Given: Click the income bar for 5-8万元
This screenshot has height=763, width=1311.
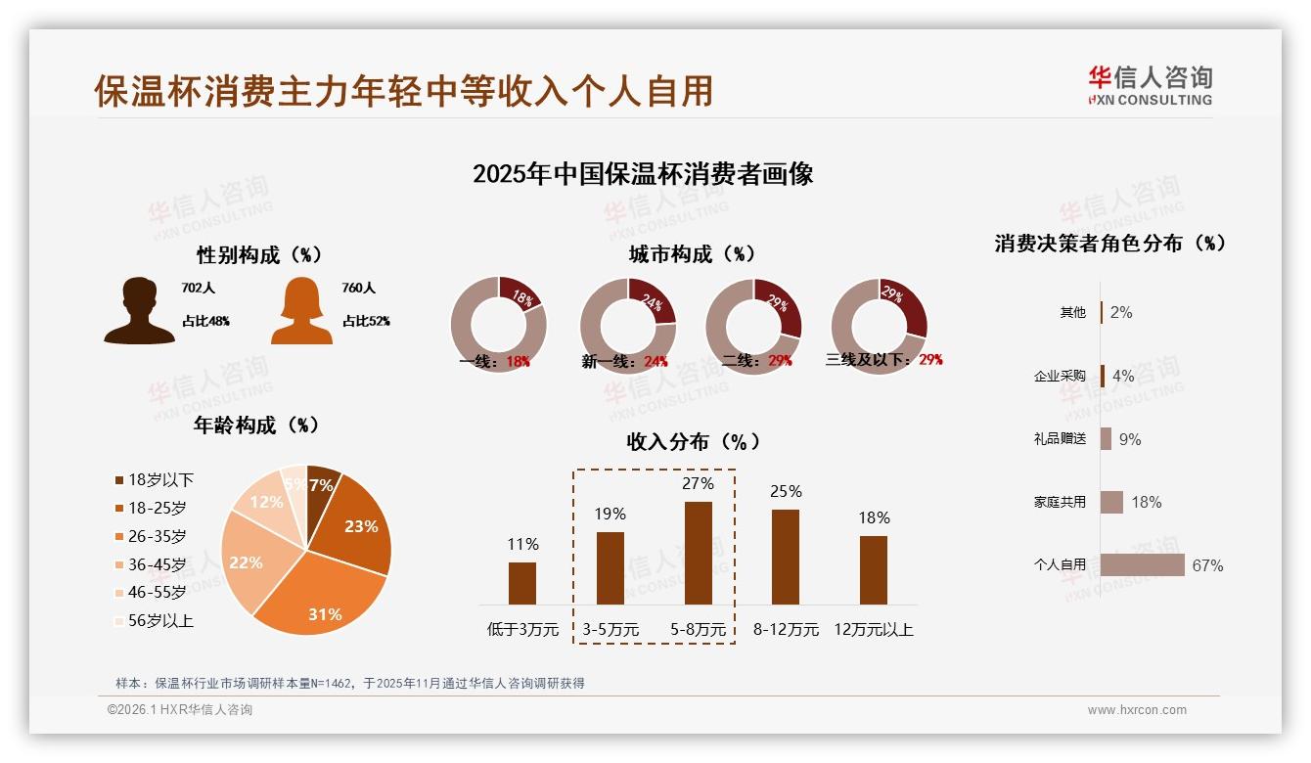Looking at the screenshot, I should pos(698,553).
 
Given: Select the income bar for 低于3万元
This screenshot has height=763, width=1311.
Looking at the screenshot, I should pos(522,583).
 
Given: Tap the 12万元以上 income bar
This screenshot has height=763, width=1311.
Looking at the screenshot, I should pos(873,569).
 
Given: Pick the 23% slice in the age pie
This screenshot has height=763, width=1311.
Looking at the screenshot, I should pos(354,523).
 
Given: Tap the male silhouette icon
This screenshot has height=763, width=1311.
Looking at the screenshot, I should pos(139,311).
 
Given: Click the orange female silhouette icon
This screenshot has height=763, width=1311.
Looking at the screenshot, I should pos(301,311).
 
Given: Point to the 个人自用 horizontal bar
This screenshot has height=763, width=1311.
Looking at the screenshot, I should pos(1142,564).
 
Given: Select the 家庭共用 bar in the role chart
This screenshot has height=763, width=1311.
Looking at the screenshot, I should pos(1111,502).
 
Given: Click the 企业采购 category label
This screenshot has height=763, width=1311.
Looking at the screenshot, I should pos(1060,376).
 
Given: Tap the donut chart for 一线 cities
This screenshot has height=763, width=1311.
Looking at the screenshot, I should pos(498,324).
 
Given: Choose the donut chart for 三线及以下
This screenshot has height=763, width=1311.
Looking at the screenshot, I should pos(878,324).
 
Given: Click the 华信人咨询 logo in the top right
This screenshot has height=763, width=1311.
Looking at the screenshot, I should pos(1150,85).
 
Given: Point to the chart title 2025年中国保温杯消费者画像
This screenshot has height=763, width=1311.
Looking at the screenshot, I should pos(643,174).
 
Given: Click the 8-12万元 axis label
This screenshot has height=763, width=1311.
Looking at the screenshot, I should pos(786,629).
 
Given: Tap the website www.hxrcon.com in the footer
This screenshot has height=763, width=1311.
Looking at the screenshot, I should pos(1137,710).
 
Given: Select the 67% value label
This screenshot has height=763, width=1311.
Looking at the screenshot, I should pos(1207,565).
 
